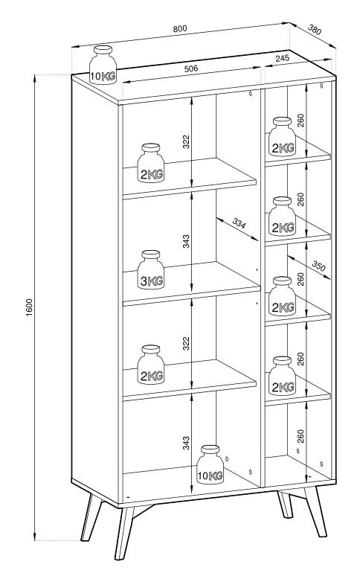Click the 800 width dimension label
180,28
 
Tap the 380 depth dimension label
315,30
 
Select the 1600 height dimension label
30,307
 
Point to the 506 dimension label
190,68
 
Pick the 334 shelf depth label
239,223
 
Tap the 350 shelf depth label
318,266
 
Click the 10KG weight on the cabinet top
103,65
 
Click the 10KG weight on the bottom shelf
210,465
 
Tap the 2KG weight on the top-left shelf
151,163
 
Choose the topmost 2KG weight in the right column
282,137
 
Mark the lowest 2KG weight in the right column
282,376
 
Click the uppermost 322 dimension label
186,141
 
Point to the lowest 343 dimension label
186,443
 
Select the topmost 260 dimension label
300,121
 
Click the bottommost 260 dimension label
300,436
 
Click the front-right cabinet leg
315,511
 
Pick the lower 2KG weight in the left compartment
151,365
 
